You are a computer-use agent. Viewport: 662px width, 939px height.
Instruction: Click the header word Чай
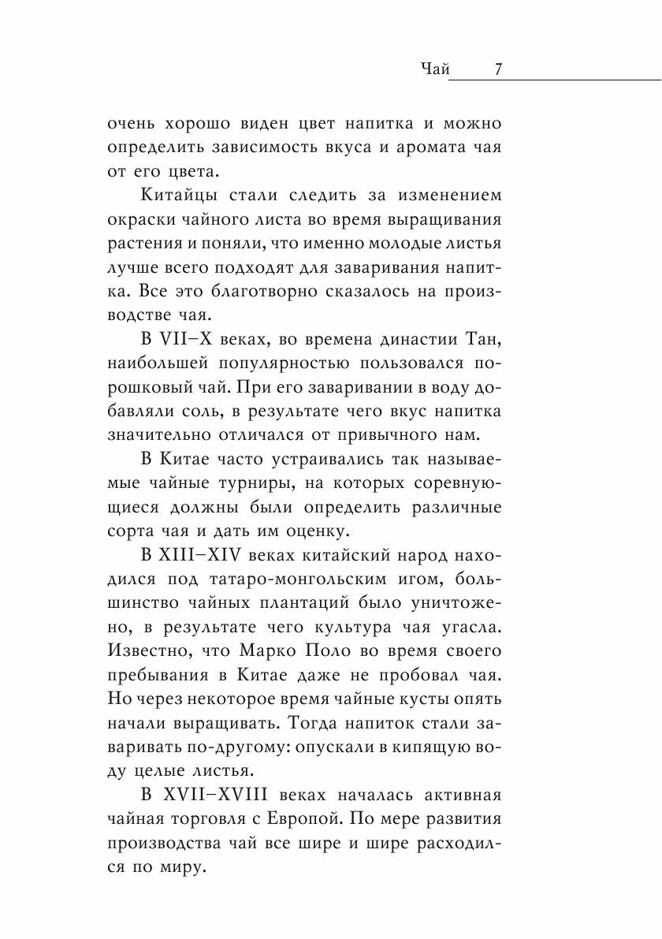tap(435, 70)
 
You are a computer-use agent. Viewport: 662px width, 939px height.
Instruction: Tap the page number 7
tap(499, 70)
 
